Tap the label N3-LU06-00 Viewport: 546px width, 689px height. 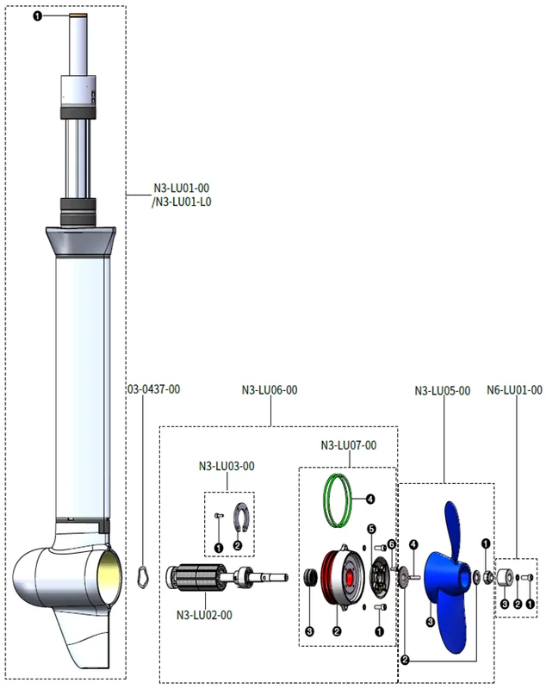coord(270,390)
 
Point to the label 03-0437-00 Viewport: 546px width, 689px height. coord(154,389)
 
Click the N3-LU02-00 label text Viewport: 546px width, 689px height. coord(204,615)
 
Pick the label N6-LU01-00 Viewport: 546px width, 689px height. coord(514,390)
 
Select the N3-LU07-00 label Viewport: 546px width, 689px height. coord(348,445)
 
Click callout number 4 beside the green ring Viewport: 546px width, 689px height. coord(370,500)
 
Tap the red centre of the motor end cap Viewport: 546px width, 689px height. coord(350,577)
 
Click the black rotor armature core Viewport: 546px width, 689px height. coord(196,577)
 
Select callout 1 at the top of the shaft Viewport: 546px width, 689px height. coord(38,16)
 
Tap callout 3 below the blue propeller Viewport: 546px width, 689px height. coord(431,622)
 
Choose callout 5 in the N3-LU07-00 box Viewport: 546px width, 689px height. coord(372,529)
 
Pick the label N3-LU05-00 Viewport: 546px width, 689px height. coord(443,391)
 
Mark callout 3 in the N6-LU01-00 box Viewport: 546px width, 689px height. coord(505,605)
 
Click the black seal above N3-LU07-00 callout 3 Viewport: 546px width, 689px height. coord(310,577)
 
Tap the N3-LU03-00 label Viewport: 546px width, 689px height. coord(226,466)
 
